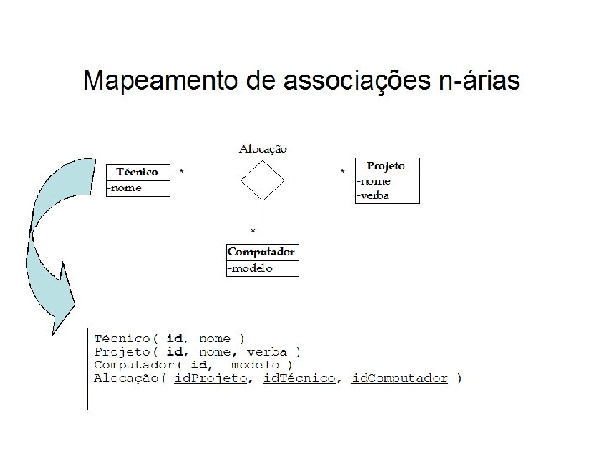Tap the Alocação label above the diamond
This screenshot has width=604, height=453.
[x=263, y=148]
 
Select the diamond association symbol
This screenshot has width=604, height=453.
[x=263, y=180]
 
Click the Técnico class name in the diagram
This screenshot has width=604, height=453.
[x=137, y=172]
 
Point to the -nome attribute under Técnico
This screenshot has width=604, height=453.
[x=125, y=188]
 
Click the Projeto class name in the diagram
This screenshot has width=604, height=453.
[x=386, y=166]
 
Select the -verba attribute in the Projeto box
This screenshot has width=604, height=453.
[x=374, y=195]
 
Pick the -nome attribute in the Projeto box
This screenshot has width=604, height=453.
[x=373, y=180]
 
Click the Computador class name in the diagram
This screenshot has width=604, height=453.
[x=262, y=252]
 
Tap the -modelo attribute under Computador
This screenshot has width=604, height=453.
[x=251, y=268]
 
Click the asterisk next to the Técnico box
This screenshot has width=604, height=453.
[x=182, y=172]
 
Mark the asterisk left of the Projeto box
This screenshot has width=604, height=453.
[x=341, y=173]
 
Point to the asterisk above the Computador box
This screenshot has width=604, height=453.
[x=253, y=229]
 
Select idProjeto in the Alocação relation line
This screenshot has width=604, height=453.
[x=211, y=378]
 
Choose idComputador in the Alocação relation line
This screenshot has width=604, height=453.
[x=399, y=378]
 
